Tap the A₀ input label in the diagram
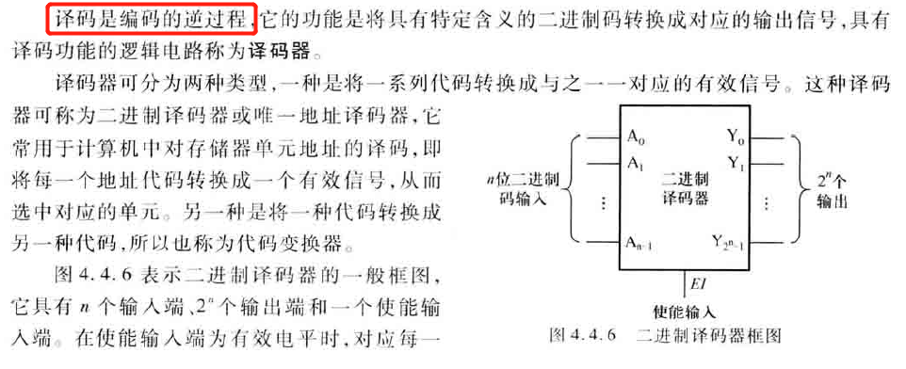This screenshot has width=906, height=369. click(x=636, y=137)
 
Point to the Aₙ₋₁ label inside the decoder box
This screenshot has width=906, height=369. click(x=641, y=244)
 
